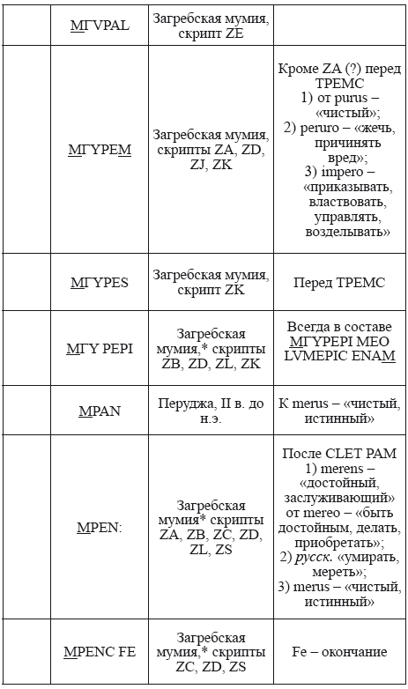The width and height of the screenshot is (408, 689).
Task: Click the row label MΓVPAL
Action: coord(99,26)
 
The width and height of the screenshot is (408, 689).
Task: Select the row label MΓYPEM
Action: coord(99,150)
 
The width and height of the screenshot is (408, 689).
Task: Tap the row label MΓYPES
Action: coord(99,283)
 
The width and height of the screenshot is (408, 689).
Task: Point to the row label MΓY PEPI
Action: coord(99,349)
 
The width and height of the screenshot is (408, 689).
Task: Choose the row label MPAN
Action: coord(99,411)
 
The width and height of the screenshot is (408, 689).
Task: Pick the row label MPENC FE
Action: coord(99,653)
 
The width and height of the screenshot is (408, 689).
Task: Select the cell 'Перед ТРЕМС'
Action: coord(338,283)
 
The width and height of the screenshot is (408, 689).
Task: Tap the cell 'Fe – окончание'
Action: coord(338,653)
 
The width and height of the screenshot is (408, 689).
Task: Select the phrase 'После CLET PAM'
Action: coord(338,453)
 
